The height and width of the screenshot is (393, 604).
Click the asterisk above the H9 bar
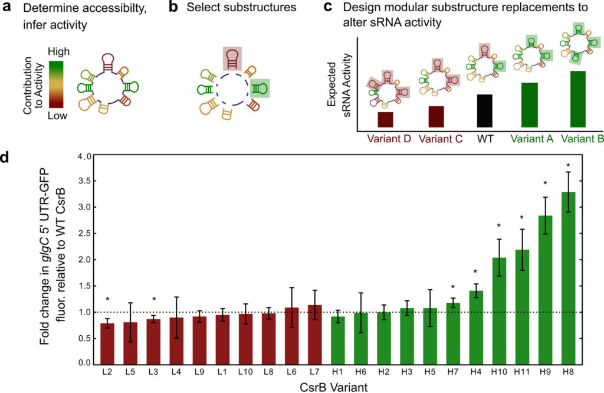point(545,184)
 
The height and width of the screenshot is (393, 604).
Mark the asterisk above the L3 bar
point(154,299)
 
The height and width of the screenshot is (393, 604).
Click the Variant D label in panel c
point(388,140)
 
